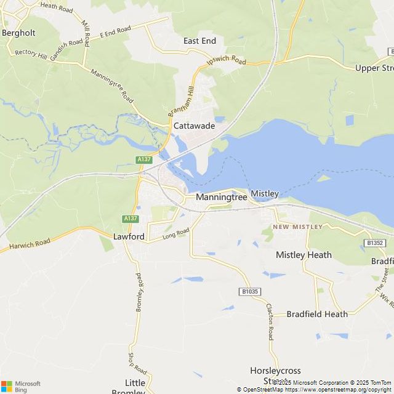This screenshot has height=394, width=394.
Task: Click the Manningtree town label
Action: click(221, 198)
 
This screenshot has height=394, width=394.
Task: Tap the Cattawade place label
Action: click(194, 126)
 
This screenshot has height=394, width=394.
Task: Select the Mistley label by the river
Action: click(265, 193)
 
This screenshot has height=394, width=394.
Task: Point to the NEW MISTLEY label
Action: click(298, 227)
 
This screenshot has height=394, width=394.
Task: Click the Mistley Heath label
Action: click(304, 255)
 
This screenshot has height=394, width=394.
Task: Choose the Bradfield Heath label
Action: click(317, 314)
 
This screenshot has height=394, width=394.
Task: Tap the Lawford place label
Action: click(129, 236)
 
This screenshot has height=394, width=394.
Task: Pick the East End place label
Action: click(199, 41)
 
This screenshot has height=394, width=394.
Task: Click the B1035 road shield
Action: click(249, 291)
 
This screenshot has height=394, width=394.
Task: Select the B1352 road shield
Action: click(375, 243)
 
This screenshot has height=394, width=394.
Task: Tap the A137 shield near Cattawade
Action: click(144, 159)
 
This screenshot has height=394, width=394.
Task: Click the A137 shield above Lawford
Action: click(130, 219)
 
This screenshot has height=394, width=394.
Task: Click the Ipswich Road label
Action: click(226, 62)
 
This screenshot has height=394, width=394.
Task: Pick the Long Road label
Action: click(175, 234)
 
